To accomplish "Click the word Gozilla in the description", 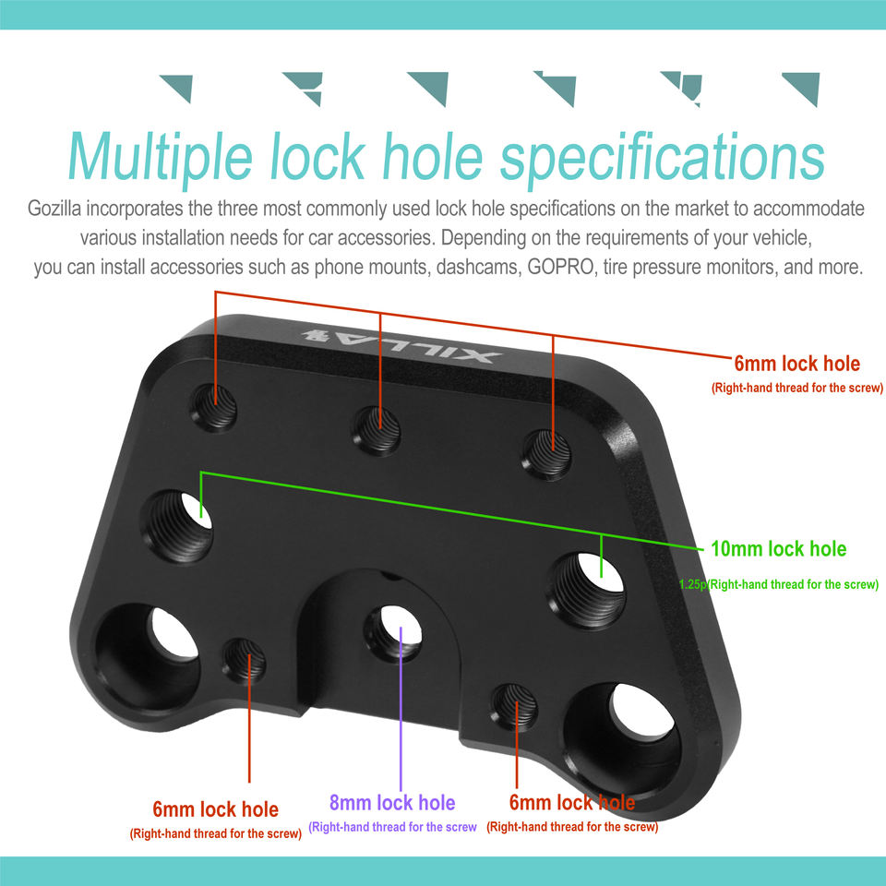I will click(x=57, y=209).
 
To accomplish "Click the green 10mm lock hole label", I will click(x=778, y=549).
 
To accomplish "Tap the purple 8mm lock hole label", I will click(x=392, y=802).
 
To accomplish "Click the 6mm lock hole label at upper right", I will click(x=796, y=364).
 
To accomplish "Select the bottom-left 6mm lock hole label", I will click(x=215, y=809).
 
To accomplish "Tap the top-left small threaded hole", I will click(x=216, y=406).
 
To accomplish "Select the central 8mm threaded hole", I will click(x=394, y=631).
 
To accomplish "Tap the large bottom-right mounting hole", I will click(x=630, y=730).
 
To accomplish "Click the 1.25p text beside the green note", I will click(x=691, y=585).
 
